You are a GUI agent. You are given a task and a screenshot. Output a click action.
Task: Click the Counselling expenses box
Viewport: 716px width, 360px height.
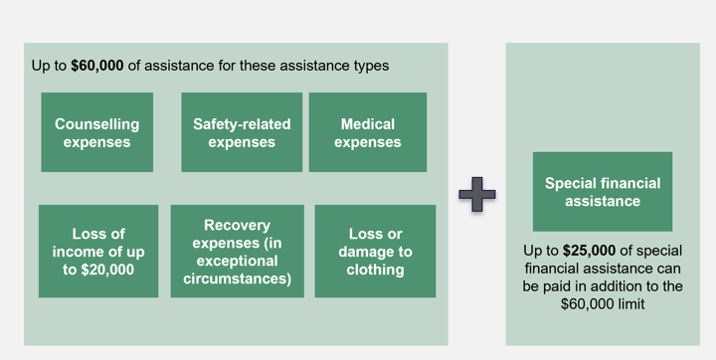coord(96,132)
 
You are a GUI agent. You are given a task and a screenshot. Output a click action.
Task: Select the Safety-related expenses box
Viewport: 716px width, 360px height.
coord(242,132)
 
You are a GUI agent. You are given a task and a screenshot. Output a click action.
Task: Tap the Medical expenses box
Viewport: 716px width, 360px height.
coord(367,132)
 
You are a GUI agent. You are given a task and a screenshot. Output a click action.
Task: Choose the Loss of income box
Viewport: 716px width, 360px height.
coord(97,251)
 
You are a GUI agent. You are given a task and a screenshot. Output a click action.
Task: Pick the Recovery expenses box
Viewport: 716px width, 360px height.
coord(237,251)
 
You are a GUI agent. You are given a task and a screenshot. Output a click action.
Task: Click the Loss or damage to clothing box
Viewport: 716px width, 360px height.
coord(375,251)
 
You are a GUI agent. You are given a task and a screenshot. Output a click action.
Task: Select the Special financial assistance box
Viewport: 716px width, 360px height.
coord(602,191)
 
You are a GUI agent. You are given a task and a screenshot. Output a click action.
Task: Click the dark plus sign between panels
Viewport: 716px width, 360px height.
coord(477,194)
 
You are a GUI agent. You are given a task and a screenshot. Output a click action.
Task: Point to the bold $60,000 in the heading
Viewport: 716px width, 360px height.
coord(96,67)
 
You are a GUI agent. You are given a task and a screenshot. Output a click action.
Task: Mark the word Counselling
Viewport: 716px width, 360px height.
coord(96,124)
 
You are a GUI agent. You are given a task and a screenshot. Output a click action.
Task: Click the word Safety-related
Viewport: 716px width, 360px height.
coord(242,124)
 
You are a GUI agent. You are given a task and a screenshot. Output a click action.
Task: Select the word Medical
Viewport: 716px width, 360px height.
coord(367,124)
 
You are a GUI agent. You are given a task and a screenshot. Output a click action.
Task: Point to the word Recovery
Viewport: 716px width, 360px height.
coord(237,226)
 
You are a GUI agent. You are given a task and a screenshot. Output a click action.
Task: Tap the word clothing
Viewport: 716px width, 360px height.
coord(375,270)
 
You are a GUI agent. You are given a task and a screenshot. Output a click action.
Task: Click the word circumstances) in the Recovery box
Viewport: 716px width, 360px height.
coord(237,279)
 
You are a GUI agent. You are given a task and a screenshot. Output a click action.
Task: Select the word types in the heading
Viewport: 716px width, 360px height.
coord(370,67)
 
